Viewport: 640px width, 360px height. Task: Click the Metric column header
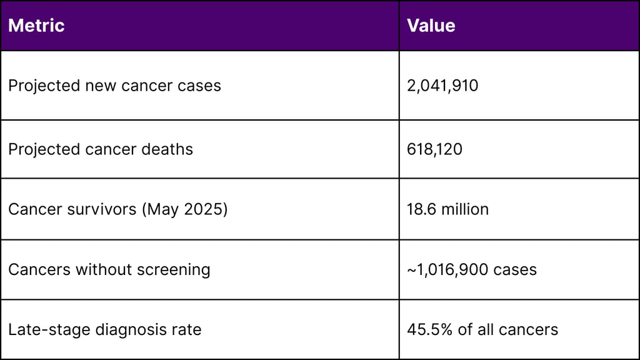pos(36,26)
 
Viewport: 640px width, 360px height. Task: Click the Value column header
pos(431,26)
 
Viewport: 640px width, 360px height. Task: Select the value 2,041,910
pos(442,86)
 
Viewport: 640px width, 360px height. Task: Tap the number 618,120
pos(434,149)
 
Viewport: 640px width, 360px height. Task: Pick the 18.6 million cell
pos(447,209)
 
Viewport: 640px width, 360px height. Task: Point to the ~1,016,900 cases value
pos(471,269)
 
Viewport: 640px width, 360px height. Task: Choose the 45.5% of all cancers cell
pos(482,329)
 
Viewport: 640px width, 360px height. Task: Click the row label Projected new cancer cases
pos(114,86)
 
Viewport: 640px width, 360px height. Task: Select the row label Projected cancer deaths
pos(100,149)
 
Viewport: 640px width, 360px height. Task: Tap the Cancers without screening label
pos(109,269)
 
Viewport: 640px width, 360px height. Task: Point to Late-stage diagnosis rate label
pos(104,329)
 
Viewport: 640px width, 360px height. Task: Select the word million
pos(465,209)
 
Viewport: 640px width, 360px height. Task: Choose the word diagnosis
pos(123,330)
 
